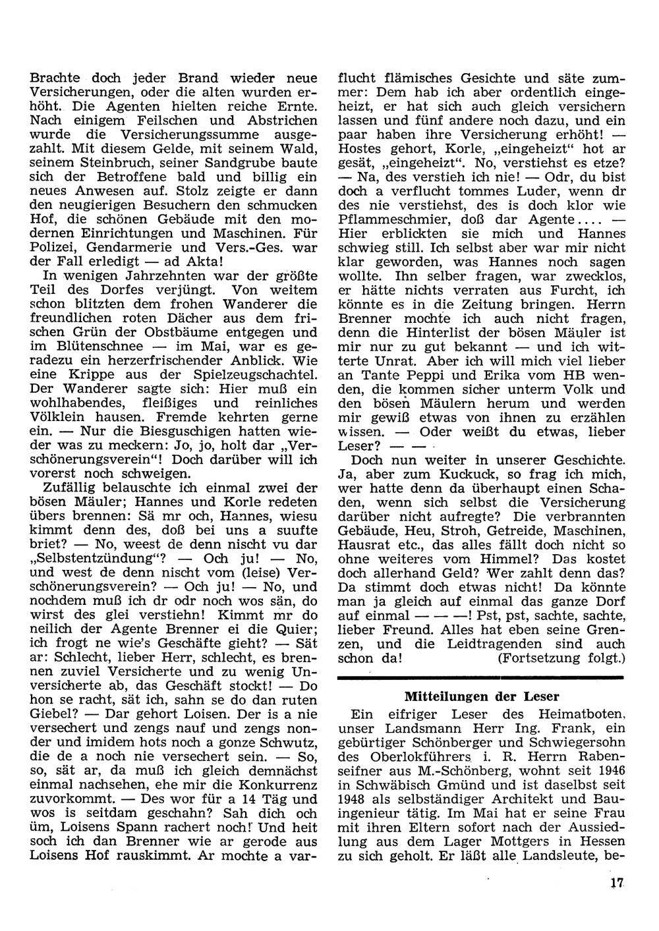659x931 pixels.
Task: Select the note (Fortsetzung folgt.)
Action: tap(561, 658)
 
